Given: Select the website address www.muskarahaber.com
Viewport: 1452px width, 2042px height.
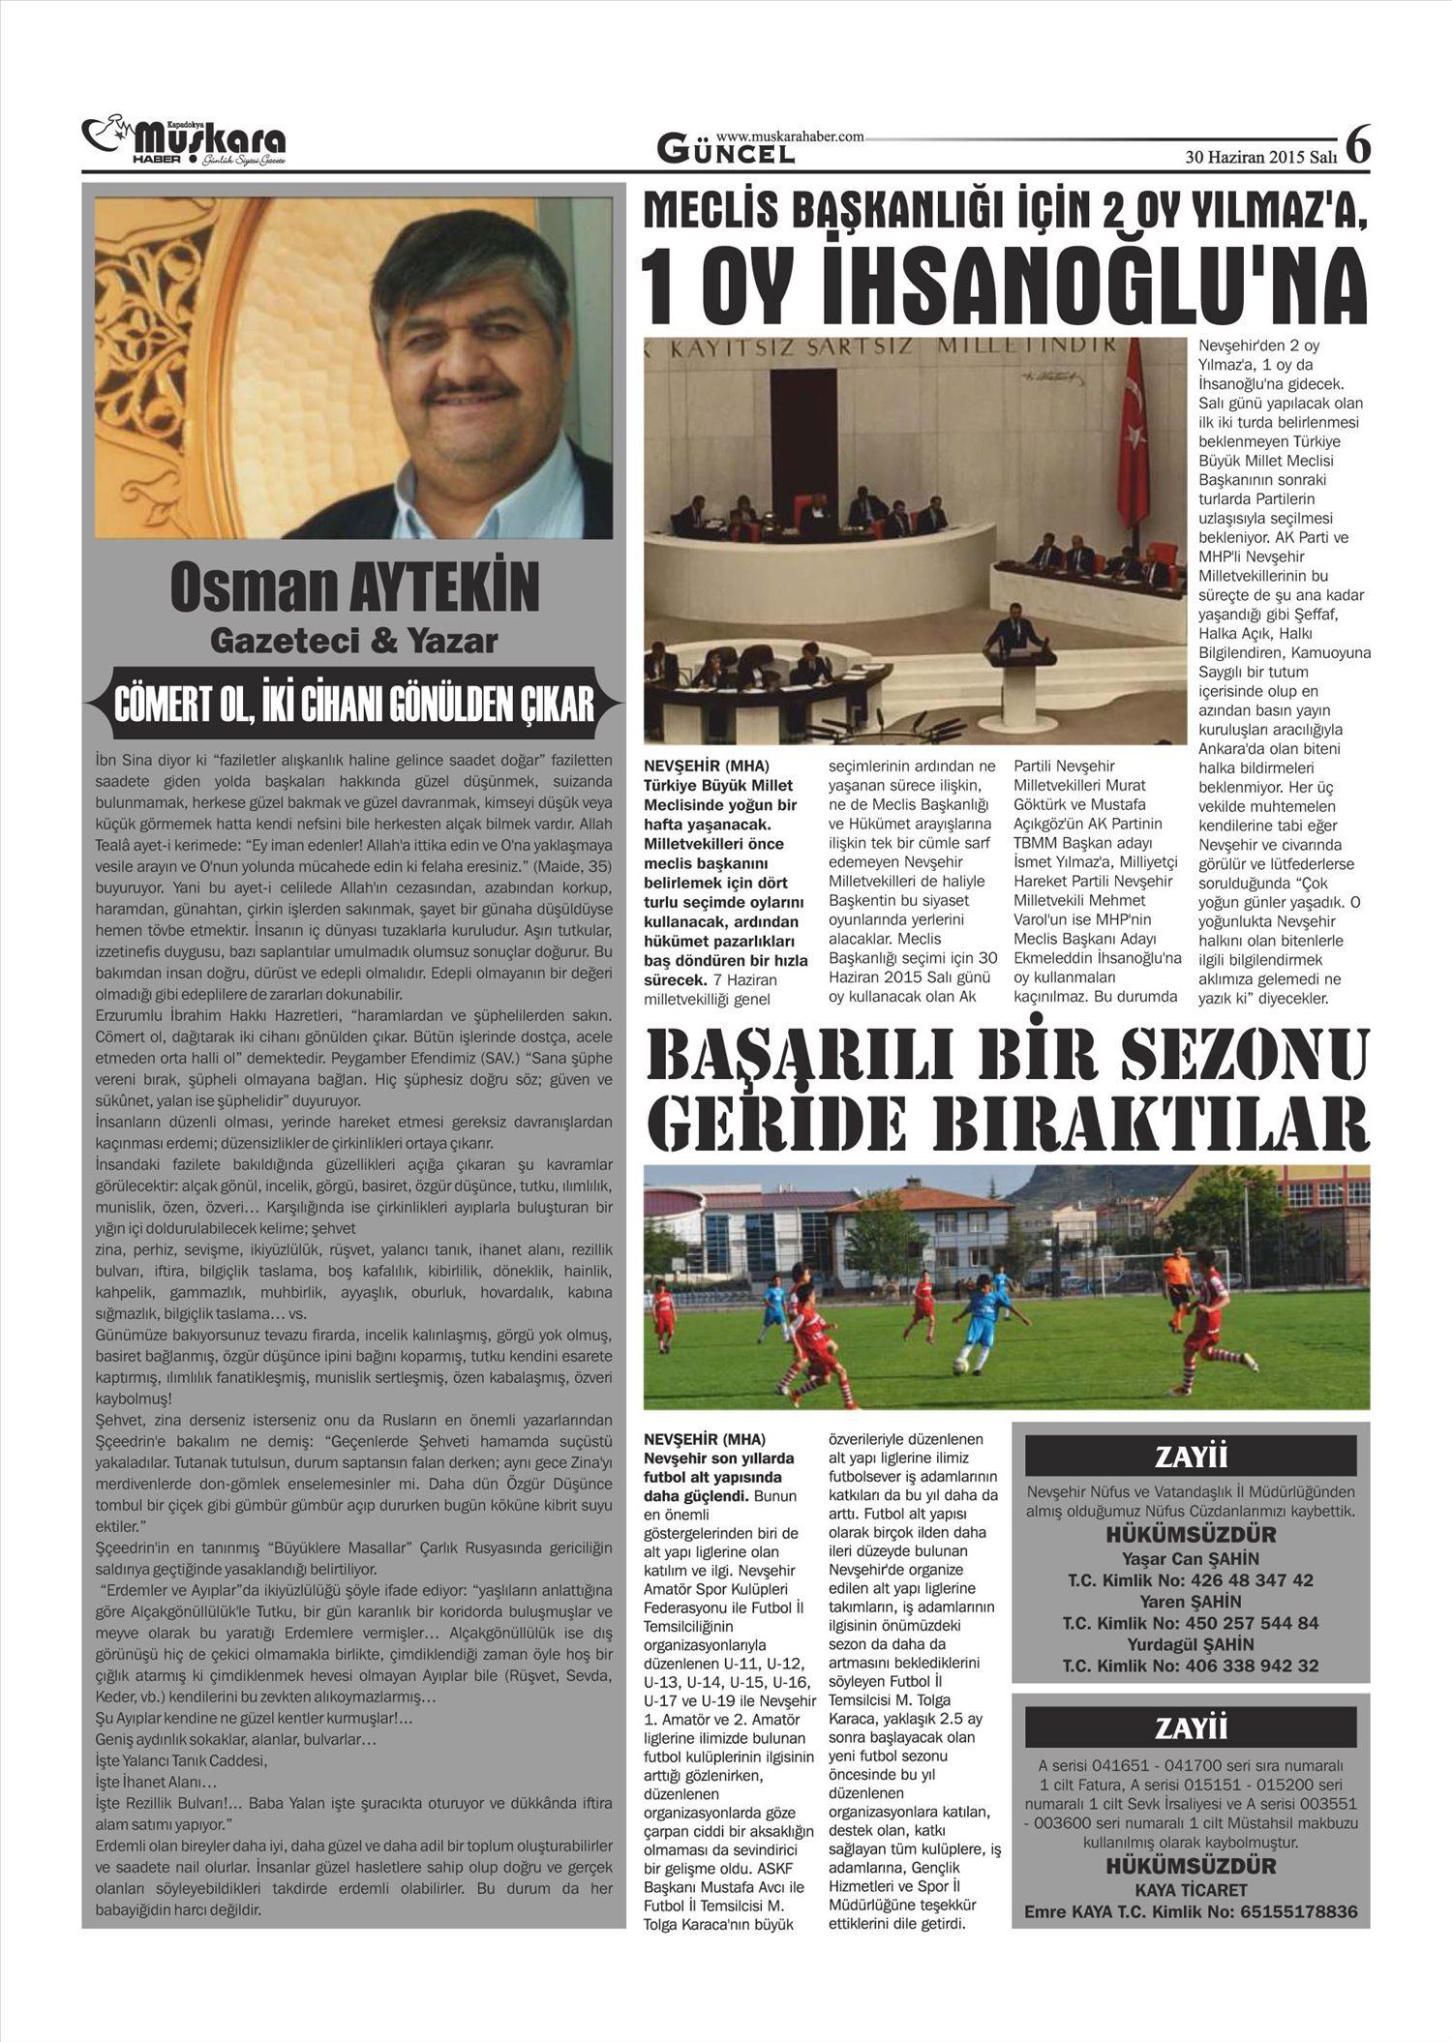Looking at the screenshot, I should (790, 137).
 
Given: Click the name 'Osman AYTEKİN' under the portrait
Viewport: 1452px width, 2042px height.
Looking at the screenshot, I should (354, 587).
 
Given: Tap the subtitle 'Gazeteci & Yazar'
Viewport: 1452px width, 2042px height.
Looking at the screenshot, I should (354, 641).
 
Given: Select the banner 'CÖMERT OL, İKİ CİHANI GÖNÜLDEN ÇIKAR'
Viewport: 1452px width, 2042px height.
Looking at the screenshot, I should (354, 705).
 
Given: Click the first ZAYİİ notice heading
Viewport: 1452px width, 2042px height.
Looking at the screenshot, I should (1191, 1456).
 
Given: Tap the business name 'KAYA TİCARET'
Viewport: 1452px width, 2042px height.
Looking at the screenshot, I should (1191, 1890).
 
